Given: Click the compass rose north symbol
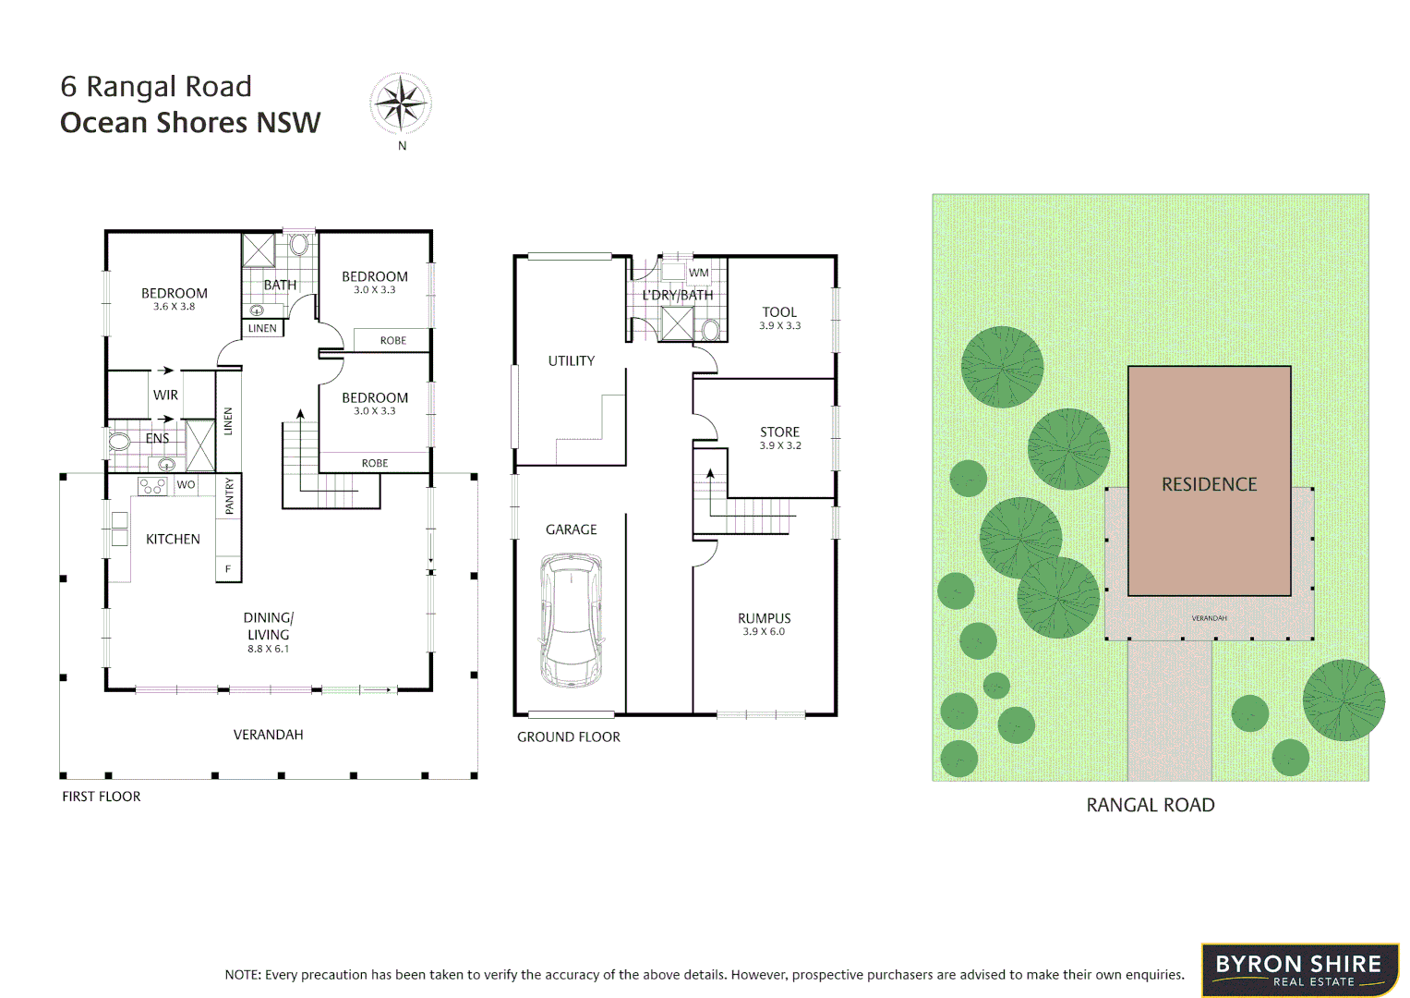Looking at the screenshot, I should click(x=401, y=103).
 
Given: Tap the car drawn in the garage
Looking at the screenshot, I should click(x=572, y=620).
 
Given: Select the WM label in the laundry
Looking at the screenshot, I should click(x=699, y=273).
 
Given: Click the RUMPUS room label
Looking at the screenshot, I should click(x=764, y=618).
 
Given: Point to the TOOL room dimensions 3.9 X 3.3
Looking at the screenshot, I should click(x=779, y=326).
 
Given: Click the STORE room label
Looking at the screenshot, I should click(x=779, y=432).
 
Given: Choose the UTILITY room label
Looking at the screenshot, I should click(x=571, y=361).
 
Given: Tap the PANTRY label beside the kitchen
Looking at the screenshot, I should click(x=230, y=496).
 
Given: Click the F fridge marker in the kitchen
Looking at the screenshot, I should click(x=228, y=569).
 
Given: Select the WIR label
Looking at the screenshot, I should click(x=165, y=395).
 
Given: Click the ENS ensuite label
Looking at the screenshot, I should click(x=157, y=439).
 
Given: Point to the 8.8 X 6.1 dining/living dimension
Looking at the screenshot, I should click(x=268, y=649).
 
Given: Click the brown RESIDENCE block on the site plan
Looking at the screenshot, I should click(x=1209, y=481).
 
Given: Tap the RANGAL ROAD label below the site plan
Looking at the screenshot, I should click(x=1150, y=805).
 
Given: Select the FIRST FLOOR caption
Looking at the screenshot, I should click(x=102, y=797).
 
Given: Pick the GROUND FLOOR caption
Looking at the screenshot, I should click(x=568, y=736).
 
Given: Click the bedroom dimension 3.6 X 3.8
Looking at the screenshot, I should click(x=174, y=307).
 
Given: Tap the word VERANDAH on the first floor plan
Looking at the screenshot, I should click(x=268, y=735).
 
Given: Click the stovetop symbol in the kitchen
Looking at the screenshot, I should click(x=152, y=486).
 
